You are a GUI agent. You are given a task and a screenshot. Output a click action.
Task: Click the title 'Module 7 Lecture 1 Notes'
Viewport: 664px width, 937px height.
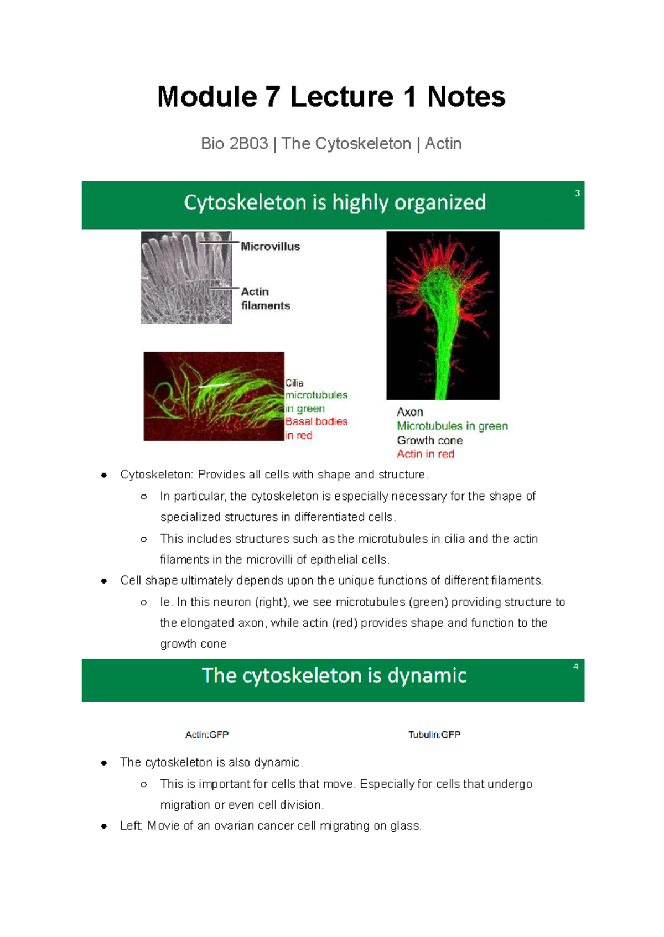point(331,97)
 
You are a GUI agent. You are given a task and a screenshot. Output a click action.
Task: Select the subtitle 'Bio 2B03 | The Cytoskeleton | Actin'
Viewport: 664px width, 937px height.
point(331,144)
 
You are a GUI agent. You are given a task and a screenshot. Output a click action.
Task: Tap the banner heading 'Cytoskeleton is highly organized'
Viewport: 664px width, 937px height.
point(335,202)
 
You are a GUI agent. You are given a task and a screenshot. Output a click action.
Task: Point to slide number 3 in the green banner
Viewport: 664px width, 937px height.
point(577,193)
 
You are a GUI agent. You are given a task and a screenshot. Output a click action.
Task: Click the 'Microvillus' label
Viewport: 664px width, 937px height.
point(270,247)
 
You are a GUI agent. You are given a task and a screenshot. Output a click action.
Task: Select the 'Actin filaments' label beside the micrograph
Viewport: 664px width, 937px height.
point(265,299)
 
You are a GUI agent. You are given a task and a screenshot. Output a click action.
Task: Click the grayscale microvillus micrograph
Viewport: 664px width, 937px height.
point(186,278)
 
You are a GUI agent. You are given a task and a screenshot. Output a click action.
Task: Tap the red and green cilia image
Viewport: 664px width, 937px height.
point(214,396)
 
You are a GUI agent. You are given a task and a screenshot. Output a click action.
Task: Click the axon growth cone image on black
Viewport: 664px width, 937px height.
point(443,315)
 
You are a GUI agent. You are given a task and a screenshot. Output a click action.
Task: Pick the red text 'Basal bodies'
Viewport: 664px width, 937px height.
point(316,421)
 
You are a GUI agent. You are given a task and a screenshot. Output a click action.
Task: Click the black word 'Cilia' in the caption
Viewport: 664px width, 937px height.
point(294,383)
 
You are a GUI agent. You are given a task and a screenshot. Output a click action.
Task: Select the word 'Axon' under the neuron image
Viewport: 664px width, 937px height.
point(410,412)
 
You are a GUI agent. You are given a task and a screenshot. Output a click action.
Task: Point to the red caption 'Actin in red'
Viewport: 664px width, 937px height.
point(426,454)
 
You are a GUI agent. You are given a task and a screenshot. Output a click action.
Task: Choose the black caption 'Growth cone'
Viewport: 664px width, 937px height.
point(429,440)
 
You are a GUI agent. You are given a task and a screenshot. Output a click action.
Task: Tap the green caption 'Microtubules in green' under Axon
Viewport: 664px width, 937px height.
point(452,426)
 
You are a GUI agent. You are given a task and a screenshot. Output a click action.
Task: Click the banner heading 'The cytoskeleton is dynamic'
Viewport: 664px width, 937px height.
point(334,675)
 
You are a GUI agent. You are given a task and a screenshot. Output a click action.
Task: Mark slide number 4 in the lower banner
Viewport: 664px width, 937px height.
point(576,667)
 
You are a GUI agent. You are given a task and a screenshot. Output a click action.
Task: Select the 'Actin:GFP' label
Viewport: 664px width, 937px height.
point(206,735)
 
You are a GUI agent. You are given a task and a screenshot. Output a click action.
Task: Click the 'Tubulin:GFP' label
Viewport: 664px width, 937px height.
point(434,735)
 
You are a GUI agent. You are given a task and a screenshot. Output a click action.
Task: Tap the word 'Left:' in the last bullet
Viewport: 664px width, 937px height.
point(131,826)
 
